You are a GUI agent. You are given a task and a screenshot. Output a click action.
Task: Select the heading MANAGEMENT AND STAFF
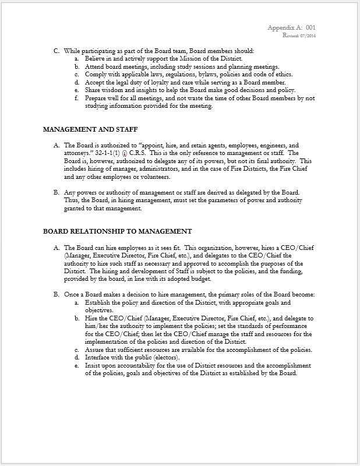point(90,128)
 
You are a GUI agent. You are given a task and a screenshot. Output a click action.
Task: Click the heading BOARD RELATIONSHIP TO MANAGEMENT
point(118,231)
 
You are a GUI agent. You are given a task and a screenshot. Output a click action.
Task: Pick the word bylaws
point(202,75)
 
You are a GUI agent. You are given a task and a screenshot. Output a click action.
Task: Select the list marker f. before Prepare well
point(77,97)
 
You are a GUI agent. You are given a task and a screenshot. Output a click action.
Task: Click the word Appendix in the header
point(282,28)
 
